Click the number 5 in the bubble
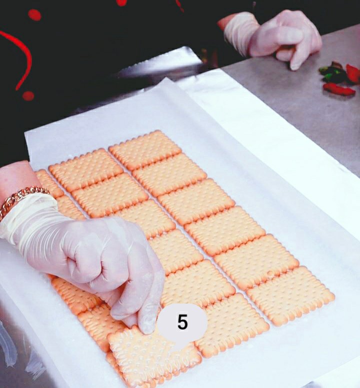tap(182, 322)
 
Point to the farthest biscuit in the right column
tap(145, 150)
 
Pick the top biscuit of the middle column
tap(86, 169)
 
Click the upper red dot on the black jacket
tap(34, 15)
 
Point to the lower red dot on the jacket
tap(28, 96)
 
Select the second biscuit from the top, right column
tap(169, 174)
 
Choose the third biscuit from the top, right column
tap(196, 201)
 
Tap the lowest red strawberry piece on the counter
tap(339, 89)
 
